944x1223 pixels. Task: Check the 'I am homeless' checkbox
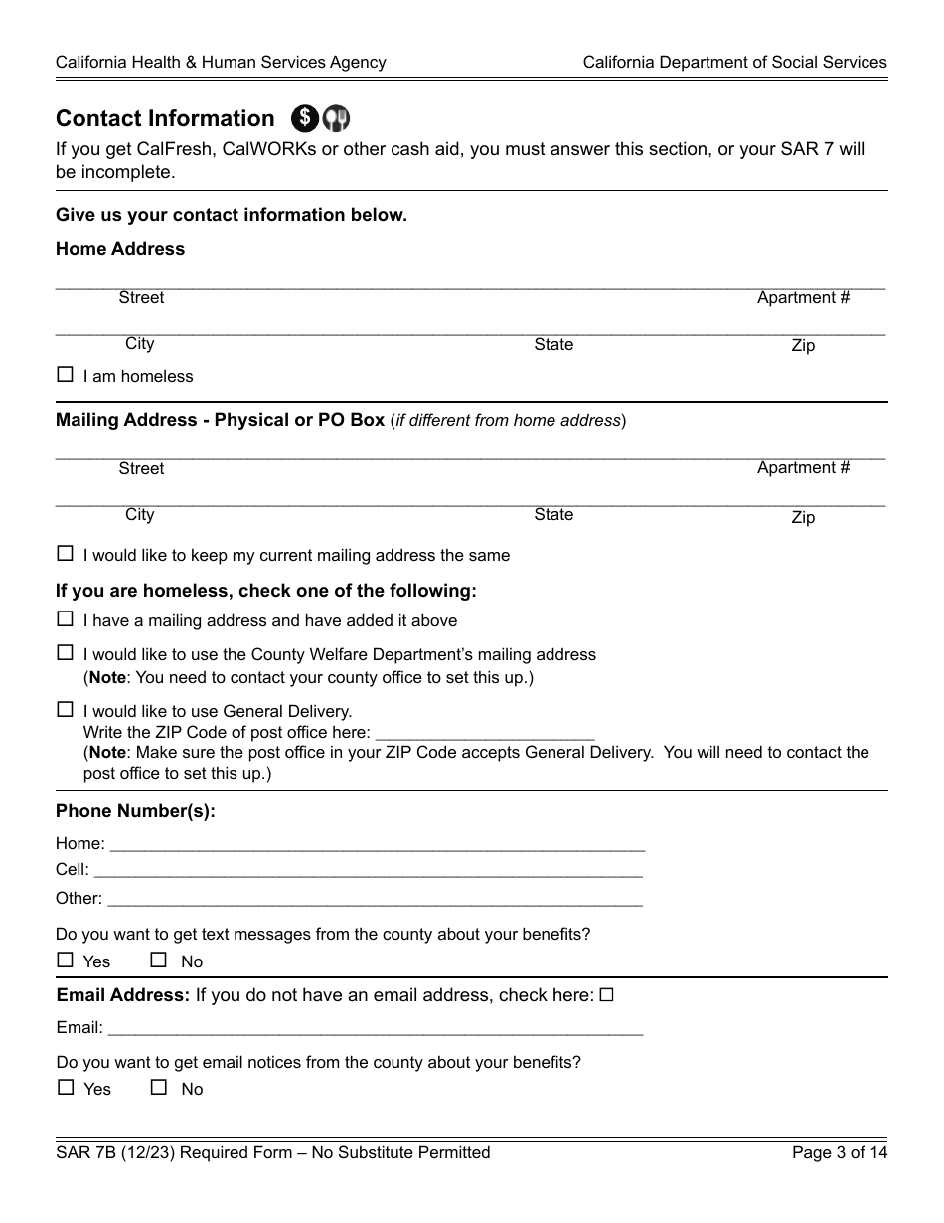[66, 375]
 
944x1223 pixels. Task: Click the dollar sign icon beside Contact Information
[305, 118]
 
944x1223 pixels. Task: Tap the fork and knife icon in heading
[337, 118]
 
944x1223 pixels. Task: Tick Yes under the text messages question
[66, 961]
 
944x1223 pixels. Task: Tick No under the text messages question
[159, 961]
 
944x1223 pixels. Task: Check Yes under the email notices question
[66, 1088]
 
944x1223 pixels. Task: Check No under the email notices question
[159, 1088]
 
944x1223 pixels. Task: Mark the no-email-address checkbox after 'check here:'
[607, 994]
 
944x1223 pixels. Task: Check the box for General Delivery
[66, 710]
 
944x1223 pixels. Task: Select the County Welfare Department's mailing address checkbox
[66, 653]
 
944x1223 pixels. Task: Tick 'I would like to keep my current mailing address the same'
[66, 554]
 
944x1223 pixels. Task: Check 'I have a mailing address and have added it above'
[66, 618]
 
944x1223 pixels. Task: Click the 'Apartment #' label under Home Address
[803, 297]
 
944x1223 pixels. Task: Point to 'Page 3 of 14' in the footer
[839, 1152]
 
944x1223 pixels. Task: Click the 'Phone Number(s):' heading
[135, 810]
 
